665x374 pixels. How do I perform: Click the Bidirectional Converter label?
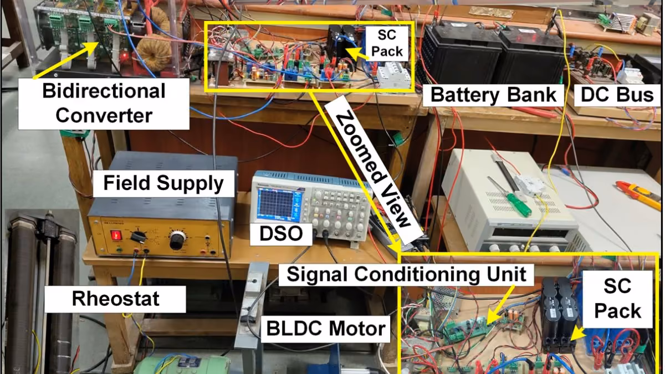104,103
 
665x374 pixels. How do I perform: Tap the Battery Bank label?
493,95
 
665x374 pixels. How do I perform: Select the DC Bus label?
617,95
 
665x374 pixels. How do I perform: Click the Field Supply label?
163,183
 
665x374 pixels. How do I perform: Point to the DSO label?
281,234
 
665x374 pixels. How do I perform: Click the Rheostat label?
115,298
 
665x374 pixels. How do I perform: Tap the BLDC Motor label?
326,329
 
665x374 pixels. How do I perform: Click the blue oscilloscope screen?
276,205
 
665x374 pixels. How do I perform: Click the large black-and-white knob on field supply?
178,240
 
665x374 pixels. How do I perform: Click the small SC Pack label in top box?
387,43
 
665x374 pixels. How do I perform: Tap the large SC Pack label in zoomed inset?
617,298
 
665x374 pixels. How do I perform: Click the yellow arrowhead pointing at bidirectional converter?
94,47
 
